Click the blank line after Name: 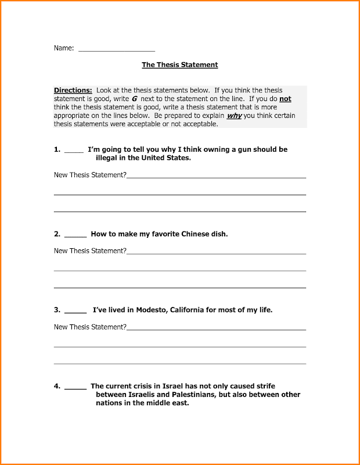pyautogui.click(x=116, y=50)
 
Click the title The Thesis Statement pyautogui.click(x=180, y=65)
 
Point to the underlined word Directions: pyautogui.click(x=73, y=91)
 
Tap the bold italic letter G pyautogui.click(x=134, y=99)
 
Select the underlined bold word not pyautogui.click(x=285, y=99)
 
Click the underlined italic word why pyautogui.click(x=234, y=116)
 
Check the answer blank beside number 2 pyautogui.click(x=75, y=235)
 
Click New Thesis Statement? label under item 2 pyautogui.click(x=90, y=251)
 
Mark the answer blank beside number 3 pyautogui.click(x=75, y=311)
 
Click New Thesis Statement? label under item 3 pyautogui.click(x=90, y=327)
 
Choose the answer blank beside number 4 pyautogui.click(x=75, y=387)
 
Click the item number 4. pyautogui.click(x=57, y=386)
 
